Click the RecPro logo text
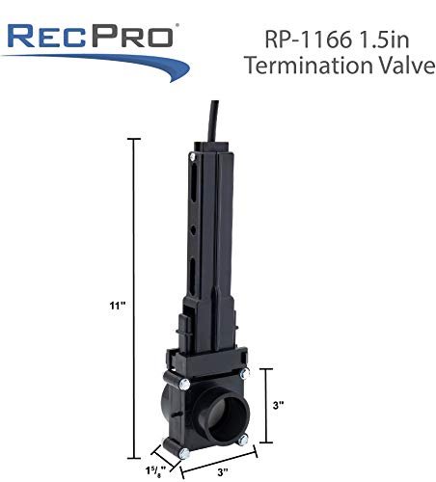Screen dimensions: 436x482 point(90,37)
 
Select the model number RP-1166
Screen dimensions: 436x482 point(308,40)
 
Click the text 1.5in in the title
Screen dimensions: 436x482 point(383,40)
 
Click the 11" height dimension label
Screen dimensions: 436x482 point(117,306)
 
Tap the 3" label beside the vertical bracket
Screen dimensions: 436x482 point(279,405)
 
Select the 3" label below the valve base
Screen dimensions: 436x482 point(223,472)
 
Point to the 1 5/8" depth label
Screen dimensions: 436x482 point(155,470)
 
